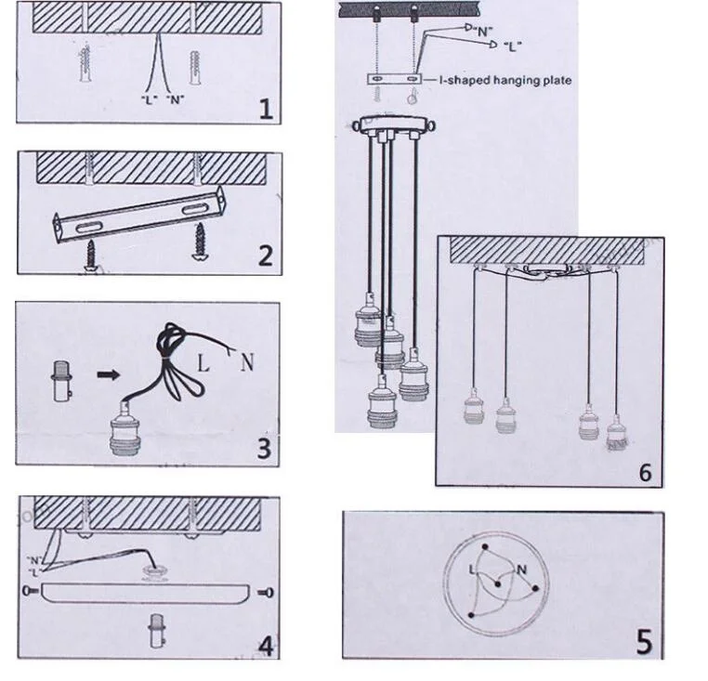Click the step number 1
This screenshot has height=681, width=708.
[x=267, y=110]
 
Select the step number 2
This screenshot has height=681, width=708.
[x=266, y=255]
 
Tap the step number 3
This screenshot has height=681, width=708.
[x=264, y=449]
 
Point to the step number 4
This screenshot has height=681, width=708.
[x=266, y=647]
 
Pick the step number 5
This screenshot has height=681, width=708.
[x=644, y=642]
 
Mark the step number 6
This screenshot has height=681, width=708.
[x=646, y=472]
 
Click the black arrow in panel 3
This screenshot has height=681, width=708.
[x=109, y=374]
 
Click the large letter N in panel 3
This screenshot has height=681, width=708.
[x=246, y=361]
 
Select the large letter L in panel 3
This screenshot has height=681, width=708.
[x=203, y=363]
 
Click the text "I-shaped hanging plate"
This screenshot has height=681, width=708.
[x=505, y=81]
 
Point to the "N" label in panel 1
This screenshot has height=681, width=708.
[x=176, y=99]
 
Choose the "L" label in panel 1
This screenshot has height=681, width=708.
[x=149, y=99]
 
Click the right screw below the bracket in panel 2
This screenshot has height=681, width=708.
[x=199, y=242]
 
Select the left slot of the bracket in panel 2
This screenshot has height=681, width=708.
[x=86, y=227]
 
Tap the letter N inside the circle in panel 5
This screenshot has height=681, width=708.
[x=521, y=570]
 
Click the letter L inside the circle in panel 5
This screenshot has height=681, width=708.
[x=472, y=570]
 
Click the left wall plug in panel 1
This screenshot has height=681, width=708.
[x=85, y=63]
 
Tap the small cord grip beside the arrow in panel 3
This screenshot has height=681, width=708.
[x=62, y=381]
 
